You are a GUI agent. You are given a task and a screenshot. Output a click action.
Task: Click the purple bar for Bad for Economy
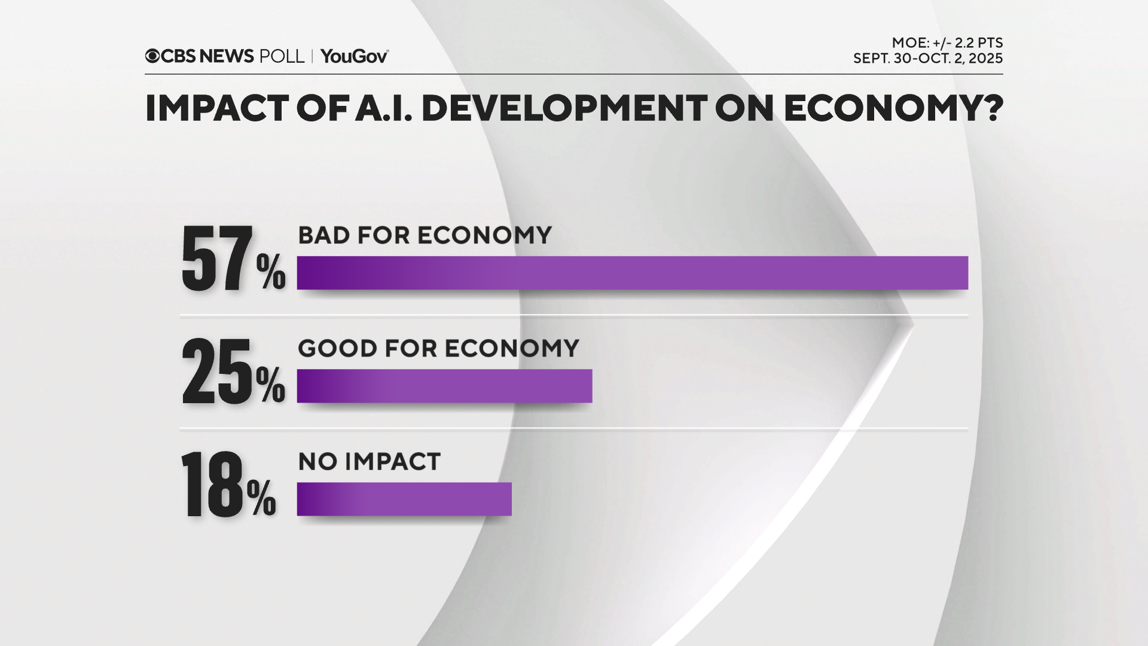(632, 273)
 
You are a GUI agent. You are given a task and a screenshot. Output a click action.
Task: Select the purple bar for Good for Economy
(444, 386)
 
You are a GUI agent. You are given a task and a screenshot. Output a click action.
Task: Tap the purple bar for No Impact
(404, 499)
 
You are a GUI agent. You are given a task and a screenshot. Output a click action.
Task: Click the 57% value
(233, 260)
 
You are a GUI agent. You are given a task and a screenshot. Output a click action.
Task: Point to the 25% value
(233, 373)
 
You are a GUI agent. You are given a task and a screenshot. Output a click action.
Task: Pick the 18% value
(228, 485)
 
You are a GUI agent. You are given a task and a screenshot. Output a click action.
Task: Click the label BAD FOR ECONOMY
(425, 235)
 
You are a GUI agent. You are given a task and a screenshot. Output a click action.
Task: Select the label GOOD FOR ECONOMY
(438, 348)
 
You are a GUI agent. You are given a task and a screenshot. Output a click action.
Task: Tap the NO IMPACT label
(369, 461)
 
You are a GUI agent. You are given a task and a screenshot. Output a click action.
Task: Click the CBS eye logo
(152, 56)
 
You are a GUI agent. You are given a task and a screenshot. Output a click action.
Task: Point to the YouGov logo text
(354, 56)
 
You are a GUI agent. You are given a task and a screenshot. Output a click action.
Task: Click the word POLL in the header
(282, 56)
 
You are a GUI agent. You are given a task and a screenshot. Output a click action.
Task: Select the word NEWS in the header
(227, 56)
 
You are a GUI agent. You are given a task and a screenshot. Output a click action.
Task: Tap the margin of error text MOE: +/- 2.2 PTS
(947, 43)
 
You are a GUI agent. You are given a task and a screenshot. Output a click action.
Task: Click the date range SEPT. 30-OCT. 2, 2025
(927, 59)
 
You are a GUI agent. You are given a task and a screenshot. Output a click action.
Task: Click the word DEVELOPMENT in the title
(564, 108)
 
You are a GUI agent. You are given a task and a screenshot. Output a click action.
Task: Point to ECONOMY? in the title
(893, 108)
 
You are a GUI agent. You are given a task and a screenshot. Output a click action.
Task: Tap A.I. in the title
(383, 108)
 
